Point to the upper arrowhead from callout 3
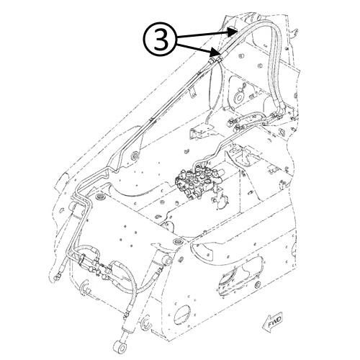tap(231, 31)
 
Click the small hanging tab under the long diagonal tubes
tap(136, 156)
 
